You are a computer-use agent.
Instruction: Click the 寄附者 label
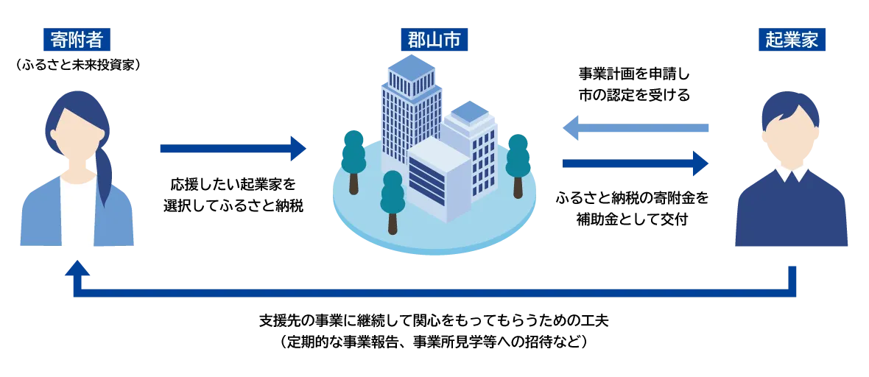click(77, 40)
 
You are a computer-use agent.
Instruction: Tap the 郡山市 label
click(434, 40)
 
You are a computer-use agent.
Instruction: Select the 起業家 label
click(792, 40)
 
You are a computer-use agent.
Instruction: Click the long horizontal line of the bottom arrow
click(434, 293)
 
